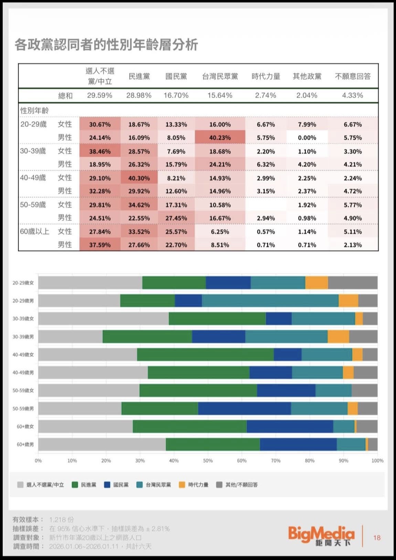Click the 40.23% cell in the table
point(220,137)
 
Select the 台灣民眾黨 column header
point(220,76)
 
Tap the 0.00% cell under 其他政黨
point(307,137)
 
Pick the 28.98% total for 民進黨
point(139,95)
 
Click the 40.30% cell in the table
point(139,178)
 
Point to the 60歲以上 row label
point(34,231)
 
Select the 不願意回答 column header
point(353,76)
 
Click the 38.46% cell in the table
point(100,151)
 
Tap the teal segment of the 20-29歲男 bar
point(270,300)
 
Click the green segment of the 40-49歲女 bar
point(205,355)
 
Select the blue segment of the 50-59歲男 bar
point(244,409)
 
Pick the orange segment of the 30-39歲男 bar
point(338,336)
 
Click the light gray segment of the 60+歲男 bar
point(102,444)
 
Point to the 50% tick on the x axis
point(208,461)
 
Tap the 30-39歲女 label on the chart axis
point(23,319)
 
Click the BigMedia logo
point(321,536)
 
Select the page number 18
point(377,538)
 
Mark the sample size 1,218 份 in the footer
point(62,519)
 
